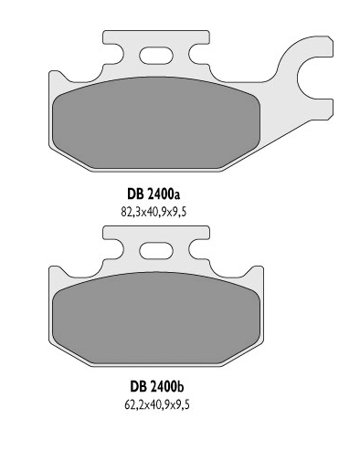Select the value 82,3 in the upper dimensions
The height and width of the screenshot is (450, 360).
132,211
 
